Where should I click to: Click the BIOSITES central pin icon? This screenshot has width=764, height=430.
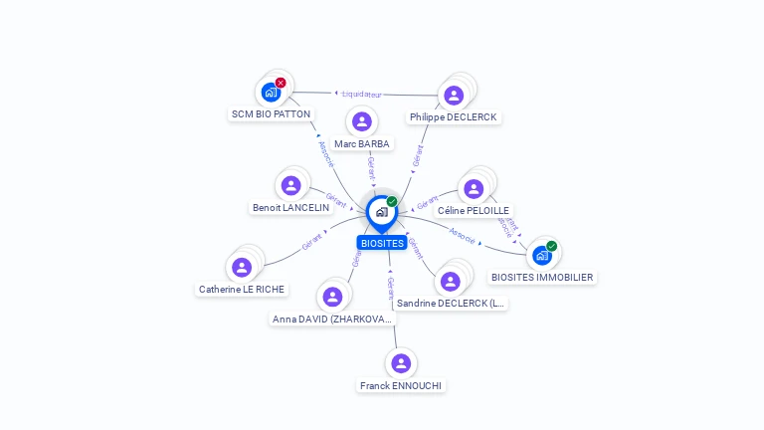(x=381, y=212)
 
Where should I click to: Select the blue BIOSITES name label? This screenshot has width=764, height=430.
(x=382, y=243)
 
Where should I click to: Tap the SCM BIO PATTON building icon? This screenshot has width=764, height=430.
(x=271, y=92)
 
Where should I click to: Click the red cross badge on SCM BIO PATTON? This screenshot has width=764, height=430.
(x=281, y=83)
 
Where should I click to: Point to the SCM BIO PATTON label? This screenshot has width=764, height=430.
(x=271, y=114)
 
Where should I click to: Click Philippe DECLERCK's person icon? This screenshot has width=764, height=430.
(x=454, y=96)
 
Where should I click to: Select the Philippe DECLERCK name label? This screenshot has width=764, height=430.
(x=454, y=117)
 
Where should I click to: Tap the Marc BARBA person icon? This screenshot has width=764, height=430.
(x=362, y=121)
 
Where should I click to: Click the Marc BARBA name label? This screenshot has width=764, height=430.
(x=362, y=144)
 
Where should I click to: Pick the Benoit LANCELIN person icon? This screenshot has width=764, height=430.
(x=290, y=185)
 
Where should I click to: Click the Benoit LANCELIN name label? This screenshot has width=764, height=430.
(x=290, y=208)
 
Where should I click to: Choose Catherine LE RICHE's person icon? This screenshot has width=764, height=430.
(x=242, y=267)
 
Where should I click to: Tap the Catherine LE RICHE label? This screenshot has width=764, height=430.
(x=242, y=290)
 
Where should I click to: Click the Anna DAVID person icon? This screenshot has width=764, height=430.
(x=332, y=297)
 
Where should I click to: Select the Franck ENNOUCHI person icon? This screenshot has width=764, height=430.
(x=401, y=363)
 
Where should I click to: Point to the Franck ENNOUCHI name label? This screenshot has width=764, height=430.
(x=401, y=386)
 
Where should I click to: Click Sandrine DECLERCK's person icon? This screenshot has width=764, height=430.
(x=451, y=281)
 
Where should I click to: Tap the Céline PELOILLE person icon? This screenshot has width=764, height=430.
(x=474, y=189)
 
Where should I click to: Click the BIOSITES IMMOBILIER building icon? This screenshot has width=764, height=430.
(x=542, y=255)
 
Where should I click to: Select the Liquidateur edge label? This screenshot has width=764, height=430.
(x=362, y=95)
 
